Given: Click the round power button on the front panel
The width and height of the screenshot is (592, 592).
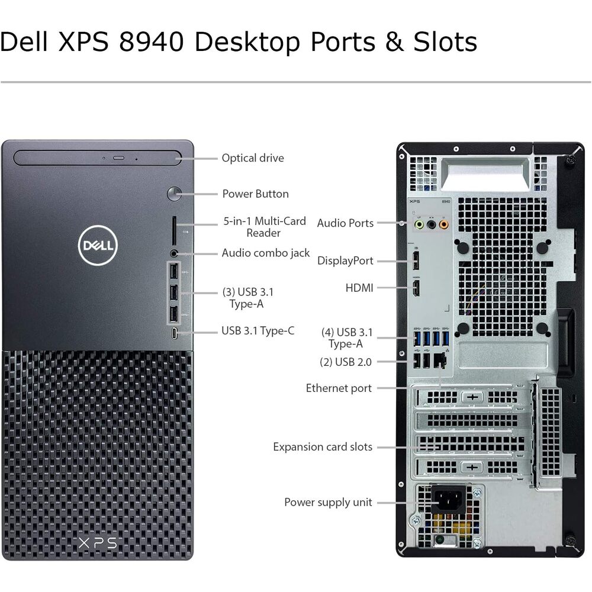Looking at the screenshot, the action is (174, 194).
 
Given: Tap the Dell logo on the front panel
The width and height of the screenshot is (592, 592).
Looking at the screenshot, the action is (98, 246).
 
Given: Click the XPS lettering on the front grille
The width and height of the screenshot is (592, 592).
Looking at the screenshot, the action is (98, 543).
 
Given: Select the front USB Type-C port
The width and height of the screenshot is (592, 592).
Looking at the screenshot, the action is (174, 333).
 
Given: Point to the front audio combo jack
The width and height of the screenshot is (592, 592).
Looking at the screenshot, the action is (174, 253).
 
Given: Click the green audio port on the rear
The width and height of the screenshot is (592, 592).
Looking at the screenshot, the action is (419, 225).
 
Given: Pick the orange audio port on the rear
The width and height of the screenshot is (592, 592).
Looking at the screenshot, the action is (443, 225).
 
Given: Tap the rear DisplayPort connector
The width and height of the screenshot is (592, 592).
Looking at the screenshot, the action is (416, 260).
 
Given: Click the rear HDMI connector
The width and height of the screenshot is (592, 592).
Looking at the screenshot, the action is (416, 288).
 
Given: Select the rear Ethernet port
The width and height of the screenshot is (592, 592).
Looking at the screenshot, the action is (439, 361).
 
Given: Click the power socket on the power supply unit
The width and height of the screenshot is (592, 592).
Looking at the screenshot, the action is (448, 499).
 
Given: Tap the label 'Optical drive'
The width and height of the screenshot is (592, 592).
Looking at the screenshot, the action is (253, 158).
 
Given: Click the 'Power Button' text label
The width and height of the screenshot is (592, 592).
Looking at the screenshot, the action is (255, 194).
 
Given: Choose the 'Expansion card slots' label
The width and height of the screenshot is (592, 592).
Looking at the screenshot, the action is (323, 447).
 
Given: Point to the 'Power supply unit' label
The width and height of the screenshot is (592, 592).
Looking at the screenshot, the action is (328, 503).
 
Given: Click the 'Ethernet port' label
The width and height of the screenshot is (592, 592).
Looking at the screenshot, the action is (339, 388).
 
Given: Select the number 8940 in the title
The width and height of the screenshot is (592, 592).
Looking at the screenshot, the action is (152, 41).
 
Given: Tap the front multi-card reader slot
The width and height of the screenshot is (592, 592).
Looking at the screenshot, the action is (174, 231).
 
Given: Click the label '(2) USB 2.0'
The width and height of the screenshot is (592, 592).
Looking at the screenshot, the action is (346, 362).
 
